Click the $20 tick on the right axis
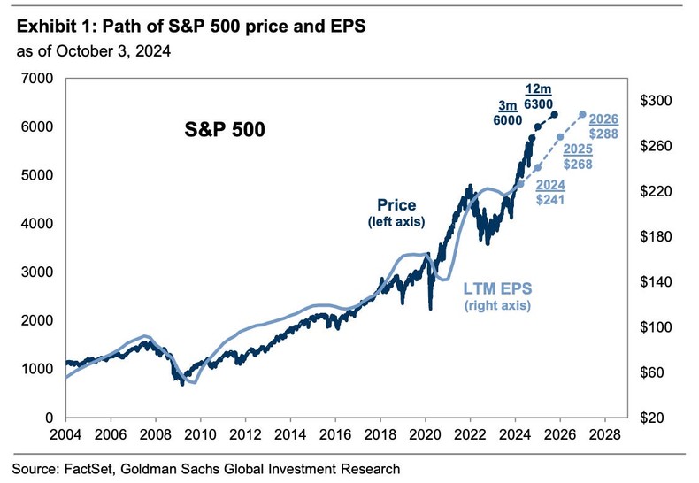point(657,417)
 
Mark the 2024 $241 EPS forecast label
point(550,193)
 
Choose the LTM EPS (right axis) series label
point(495,296)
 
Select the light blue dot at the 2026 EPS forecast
point(582,114)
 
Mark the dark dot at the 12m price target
point(555,114)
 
